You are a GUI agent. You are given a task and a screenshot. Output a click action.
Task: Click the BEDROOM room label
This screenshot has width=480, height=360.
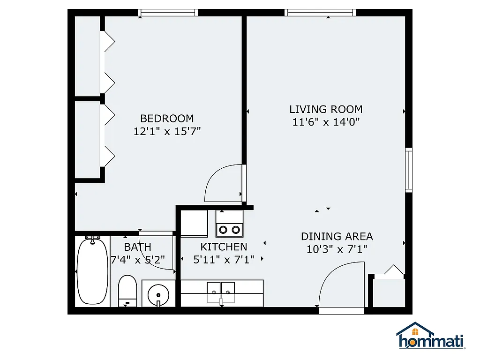[x=167, y=119]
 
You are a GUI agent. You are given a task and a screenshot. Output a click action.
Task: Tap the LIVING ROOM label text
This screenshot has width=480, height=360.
[x=326, y=110]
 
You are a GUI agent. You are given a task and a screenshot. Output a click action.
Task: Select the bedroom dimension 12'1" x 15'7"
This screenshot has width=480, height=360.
[x=167, y=132]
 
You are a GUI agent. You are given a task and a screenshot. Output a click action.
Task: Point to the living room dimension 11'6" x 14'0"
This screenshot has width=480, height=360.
[x=326, y=122]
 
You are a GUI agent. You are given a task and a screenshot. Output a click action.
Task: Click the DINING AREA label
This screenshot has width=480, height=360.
[x=337, y=236]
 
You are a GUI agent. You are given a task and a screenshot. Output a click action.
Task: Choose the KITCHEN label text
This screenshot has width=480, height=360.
[x=224, y=247]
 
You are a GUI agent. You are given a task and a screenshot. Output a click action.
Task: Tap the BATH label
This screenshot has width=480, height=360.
[x=137, y=247]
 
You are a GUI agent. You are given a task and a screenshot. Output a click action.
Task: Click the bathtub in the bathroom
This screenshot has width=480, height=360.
[x=92, y=271]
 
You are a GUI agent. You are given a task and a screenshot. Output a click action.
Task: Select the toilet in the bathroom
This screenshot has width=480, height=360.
[x=127, y=291]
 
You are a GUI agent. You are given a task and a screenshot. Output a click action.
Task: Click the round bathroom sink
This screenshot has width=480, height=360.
[x=158, y=295]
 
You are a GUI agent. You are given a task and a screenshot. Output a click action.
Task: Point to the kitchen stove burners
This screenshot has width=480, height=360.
[x=229, y=229]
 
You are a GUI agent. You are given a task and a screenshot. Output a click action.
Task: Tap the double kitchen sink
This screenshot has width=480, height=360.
[x=221, y=288]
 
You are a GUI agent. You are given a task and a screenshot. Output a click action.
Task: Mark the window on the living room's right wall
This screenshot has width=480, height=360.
[x=409, y=169]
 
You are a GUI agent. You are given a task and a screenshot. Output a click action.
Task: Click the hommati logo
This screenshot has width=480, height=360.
[x=430, y=337]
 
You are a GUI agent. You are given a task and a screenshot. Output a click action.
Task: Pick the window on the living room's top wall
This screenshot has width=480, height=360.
[x=321, y=13]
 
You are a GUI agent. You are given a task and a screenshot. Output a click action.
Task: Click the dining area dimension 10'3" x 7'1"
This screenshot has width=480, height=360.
[x=337, y=249]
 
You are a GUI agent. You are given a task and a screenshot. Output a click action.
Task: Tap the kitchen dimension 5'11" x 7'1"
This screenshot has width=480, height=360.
[x=224, y=260]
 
